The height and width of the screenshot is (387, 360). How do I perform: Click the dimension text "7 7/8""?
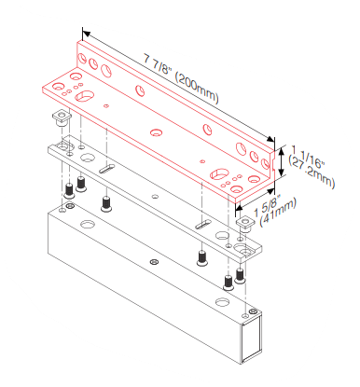click(x=158, y=64)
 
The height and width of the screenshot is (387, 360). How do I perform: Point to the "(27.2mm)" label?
click(x=312, y=172)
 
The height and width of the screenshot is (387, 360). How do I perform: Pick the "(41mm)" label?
click(x=277, y=214)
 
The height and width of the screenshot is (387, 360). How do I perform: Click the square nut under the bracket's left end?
click(x=62, y=117)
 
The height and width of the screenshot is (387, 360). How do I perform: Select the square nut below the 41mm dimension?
click(x=245, y=224)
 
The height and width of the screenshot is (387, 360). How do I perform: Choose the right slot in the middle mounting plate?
click(x=203, y=224)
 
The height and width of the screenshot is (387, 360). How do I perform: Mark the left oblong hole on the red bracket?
click(x=84, y=96)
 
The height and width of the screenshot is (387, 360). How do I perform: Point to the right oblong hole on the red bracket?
click(x=219, y=173)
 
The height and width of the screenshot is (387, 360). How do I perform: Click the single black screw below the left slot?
click(x=106, y=204)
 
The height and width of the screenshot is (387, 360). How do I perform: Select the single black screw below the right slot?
click(x=202, y=258)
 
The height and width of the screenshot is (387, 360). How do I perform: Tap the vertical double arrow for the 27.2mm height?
click(x=281, y=162)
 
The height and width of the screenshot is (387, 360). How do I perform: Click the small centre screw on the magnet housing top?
click(x=154, y=261)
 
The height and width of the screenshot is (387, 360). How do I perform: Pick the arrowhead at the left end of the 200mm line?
click(x=86, y=34)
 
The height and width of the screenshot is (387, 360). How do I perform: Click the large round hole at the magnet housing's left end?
click(x=88, y=224)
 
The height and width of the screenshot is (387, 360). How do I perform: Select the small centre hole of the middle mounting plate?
click(x=156, y=196)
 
